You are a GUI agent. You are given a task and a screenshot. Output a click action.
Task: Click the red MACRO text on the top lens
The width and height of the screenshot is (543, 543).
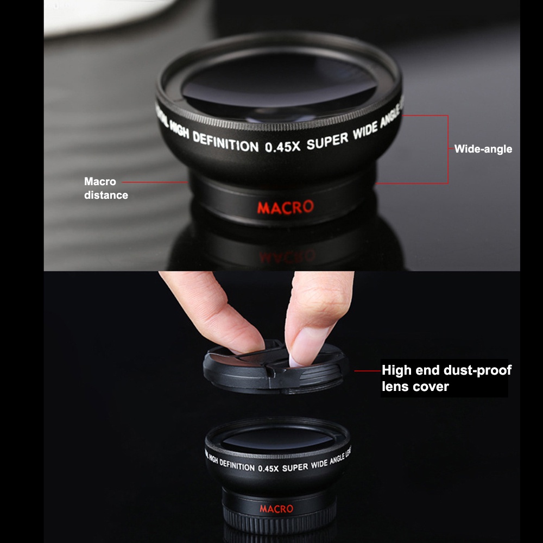tap(285, 207)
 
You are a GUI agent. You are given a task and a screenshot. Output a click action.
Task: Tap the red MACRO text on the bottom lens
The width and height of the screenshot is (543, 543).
tap(276, 509)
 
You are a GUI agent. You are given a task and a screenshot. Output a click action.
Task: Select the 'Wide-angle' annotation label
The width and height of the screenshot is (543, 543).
tap(483, 149)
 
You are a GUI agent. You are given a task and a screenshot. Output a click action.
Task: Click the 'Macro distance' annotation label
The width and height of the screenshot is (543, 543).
tap(106, 188)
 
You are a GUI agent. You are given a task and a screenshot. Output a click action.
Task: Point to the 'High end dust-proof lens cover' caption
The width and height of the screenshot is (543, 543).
tap(445, 378)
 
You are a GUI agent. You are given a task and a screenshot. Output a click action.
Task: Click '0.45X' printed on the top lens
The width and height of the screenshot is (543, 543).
tap(282, 147)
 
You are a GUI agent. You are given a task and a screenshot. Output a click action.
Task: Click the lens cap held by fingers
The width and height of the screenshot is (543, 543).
tap(274, 369)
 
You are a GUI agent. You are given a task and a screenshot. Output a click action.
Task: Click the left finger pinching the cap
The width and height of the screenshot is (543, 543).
tap(217, 310)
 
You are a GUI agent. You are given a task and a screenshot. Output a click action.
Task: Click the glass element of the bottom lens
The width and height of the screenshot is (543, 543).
tap(277, 438)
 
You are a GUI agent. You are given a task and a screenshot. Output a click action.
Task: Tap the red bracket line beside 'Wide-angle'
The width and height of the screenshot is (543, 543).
tap(447, 149)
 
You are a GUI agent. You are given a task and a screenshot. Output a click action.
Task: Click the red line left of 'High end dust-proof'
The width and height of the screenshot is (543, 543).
tap(367, 371)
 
